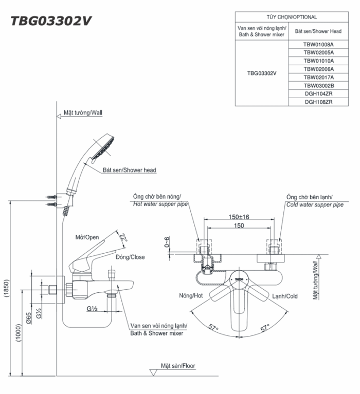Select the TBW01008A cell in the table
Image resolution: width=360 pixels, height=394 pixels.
[x=318, y=44]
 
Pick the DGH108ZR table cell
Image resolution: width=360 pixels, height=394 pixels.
[x=318, y=102]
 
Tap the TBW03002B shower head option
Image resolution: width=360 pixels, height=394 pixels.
[x=318, y=85]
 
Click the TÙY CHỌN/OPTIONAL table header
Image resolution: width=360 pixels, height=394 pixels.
[x=292, y=17]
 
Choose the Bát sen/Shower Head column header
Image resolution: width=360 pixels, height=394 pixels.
[x=318, y=31]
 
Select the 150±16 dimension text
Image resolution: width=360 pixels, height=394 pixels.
[x=239, y=217]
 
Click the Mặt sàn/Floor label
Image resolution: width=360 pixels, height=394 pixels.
[x=177, y=366]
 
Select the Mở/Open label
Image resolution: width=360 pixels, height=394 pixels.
[x=87, y=238]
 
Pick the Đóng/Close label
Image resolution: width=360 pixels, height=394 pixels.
[x=130, y=257]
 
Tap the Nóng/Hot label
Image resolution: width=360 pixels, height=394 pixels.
[x=191, y=296]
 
